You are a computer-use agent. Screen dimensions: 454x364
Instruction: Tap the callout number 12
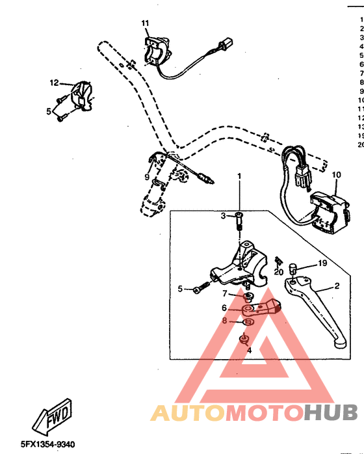coord(55,83)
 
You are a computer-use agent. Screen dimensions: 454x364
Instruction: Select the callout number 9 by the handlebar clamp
coord(148,177)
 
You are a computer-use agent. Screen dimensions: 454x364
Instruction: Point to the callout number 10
coord(336,175)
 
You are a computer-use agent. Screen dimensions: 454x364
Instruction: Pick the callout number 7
coord(225,294)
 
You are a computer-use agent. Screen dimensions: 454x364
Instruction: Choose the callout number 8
coord(225,320)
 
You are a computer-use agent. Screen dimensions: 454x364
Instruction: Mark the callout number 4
coord(248,350)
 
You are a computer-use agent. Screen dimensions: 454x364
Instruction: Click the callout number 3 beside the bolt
coord(223,215)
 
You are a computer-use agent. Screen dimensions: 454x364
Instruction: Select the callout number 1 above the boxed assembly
coord(239,176)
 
